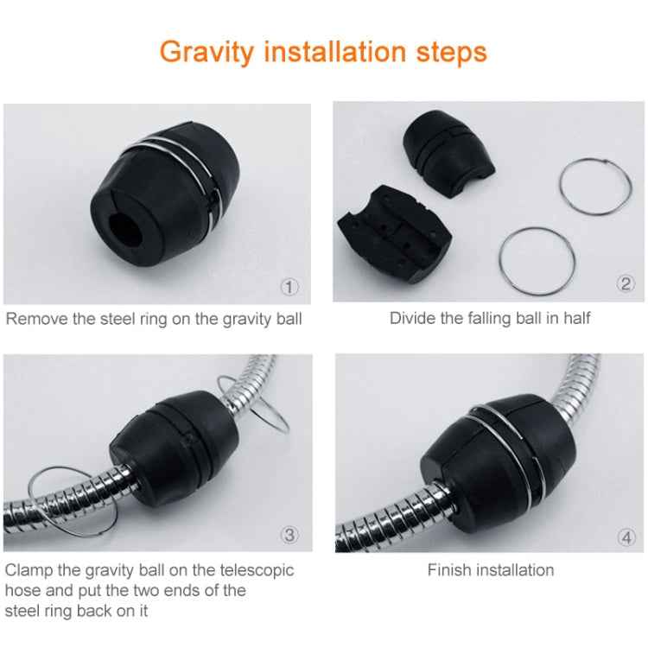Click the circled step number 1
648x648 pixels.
coord(289,284)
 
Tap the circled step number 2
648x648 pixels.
coord(626,284)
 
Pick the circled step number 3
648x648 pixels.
coord(289,535)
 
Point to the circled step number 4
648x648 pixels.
coord(626,537)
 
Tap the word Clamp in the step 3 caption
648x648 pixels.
coord(29,570)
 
